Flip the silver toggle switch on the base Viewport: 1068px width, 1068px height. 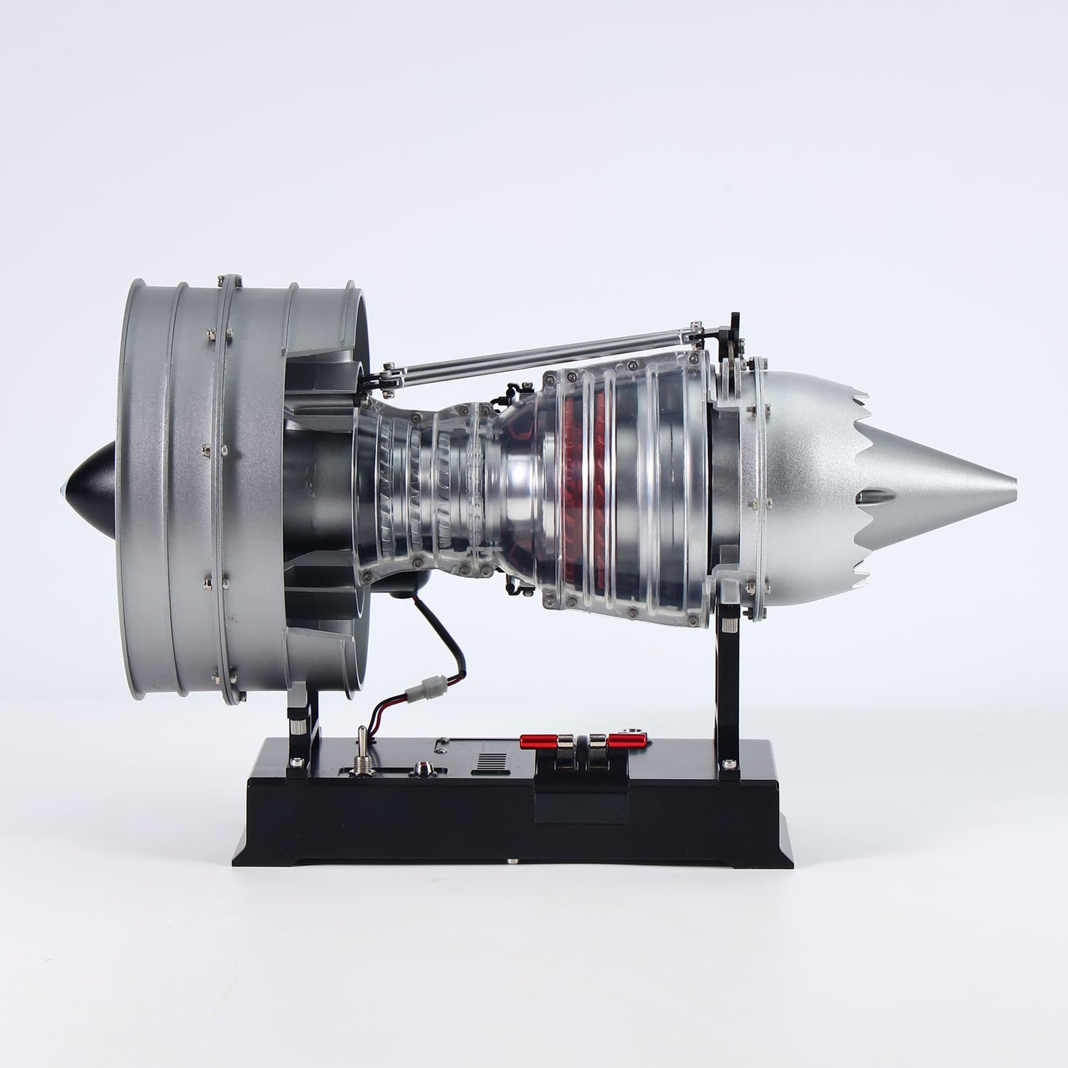point(362,749)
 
